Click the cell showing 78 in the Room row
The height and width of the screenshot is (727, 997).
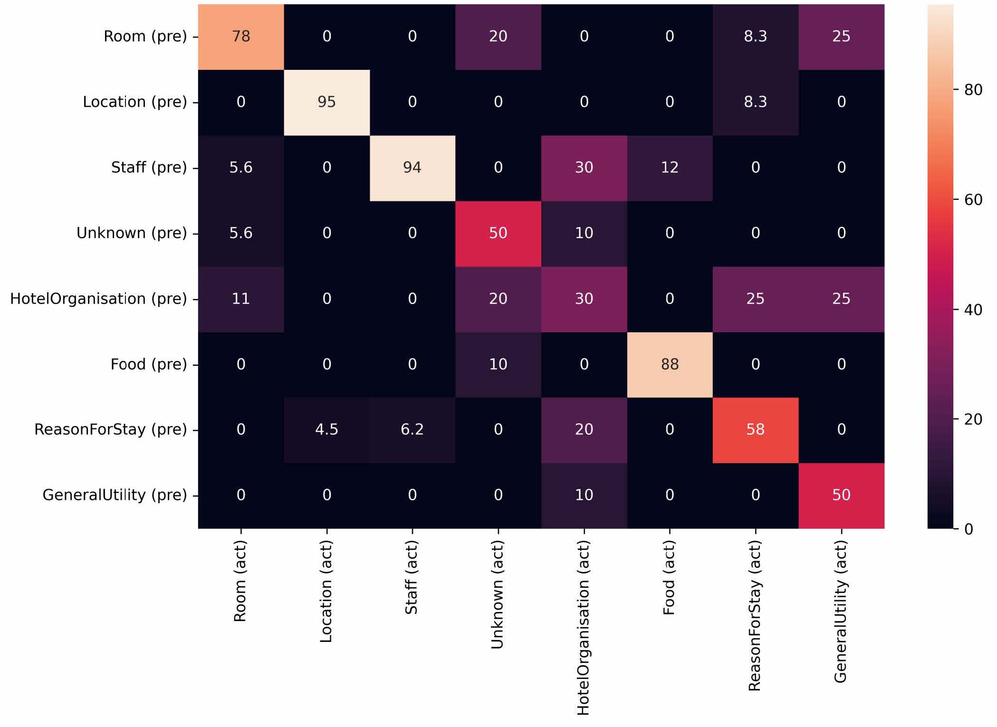pos(241,37)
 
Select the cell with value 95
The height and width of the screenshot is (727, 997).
pos(326,102)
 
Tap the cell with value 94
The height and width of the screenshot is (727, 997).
pos(412,168)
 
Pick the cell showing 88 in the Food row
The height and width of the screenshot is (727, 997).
pos(670,364)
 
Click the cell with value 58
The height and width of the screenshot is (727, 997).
pos(755,430)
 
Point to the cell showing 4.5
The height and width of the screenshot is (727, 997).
pos(326,430)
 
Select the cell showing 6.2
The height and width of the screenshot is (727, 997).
pos(412,430)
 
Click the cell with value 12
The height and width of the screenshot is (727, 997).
pos(670,168)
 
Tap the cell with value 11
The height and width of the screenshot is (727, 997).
pos(241,299)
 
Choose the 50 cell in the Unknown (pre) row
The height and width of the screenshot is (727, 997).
pos(498,233)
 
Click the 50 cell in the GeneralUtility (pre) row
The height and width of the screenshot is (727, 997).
pos(841,495)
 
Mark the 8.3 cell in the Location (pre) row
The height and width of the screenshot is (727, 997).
pos(755,102)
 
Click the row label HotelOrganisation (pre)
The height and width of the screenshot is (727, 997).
pos(98,299)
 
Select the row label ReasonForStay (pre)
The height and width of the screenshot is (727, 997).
pos(110,430)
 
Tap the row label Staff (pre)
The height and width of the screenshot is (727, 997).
pos(149,168)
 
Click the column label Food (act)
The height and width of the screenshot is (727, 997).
pos(669,578)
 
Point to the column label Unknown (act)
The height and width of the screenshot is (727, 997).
pos(497,595)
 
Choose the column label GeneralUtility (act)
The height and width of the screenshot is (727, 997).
pos(840,612)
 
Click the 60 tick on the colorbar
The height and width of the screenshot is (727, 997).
pos(973,200)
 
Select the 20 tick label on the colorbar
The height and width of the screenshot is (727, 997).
pos(973,420)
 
